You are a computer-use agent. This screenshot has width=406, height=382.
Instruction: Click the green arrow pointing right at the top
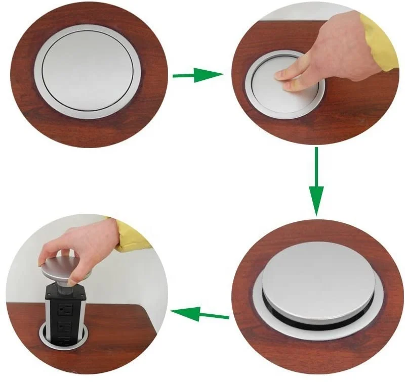[197, 76]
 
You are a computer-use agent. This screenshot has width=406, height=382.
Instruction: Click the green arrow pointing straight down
[316, 182]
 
